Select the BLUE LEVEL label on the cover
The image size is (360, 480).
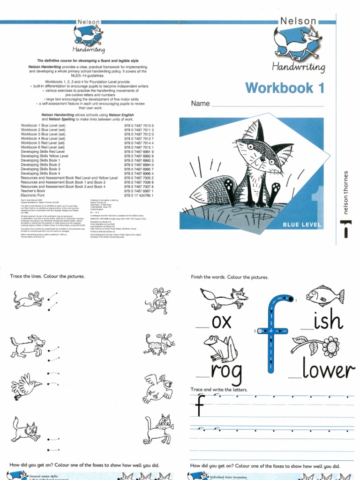pos(301,225)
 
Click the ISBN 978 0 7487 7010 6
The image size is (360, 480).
pos(139,127)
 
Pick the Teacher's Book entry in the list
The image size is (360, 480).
pos(33,191)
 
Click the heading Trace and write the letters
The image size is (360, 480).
pos(219,390)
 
